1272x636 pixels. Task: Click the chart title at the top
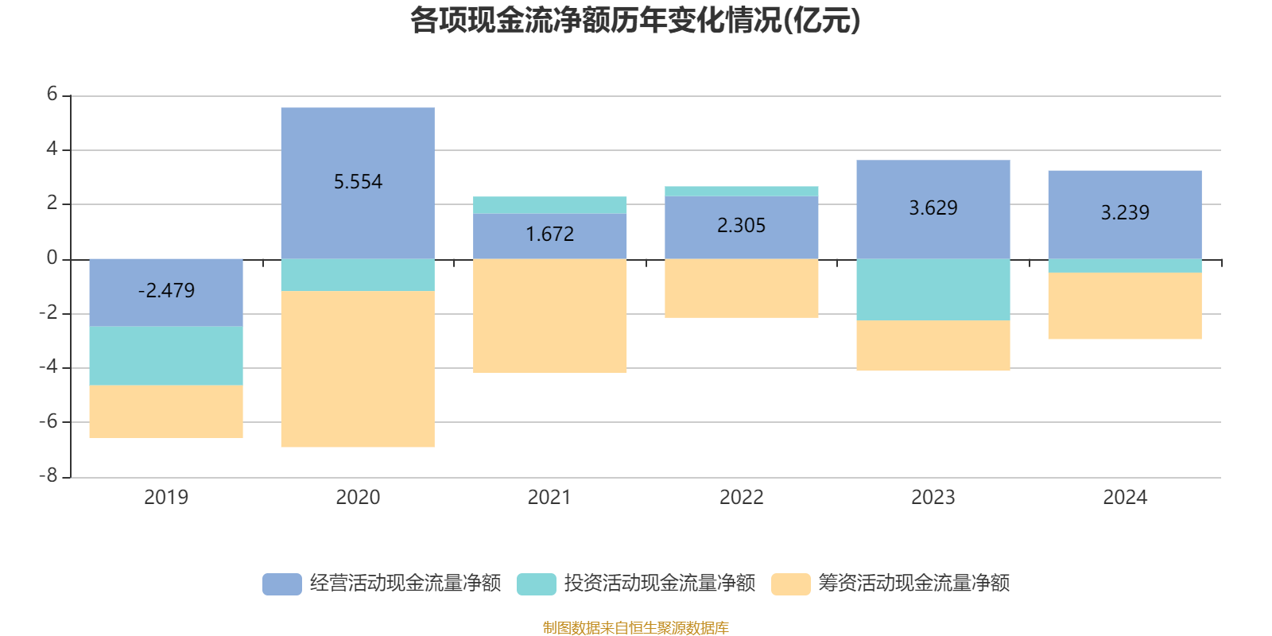pyautogui.click(x=635, y=21)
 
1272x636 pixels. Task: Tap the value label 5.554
pyautogui.click(x=358, y=182)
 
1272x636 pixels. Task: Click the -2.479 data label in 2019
pyautogui.click(x=166, y=291)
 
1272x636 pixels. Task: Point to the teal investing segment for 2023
pyautogui.click(x=933, y=289)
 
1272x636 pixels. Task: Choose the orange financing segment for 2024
pyautogui.click(x=1124, y=306)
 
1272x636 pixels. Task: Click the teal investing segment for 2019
pyautogui.click(x=166, y=355)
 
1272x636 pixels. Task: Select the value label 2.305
pyautogui.click(x=741, y=226)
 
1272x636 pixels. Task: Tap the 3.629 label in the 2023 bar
pyautogui.click(x=933, y=208)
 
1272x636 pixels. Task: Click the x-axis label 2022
pyautogui.click(x=741, y=498)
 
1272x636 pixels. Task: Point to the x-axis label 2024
pyautogui.click(x=1124, y=498)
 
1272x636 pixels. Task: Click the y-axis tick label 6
pyautogui.click(x=52, y=95)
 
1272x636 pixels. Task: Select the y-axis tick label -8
pyautogui.click(x=49, y=476)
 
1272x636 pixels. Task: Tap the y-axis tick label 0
pyautogui.click(x=52, y=258)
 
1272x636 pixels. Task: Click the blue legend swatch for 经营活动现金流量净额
pyautogui.click(x=282, y=584)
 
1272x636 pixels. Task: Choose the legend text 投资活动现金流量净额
pyautogui.click(x=659, y=584)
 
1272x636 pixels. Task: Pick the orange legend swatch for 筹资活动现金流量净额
pyautogui.click(x=791, y=584)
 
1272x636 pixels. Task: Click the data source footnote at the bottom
pyautogui.click(x=635, y=628)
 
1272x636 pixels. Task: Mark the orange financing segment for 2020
pyautogui.click(x=358, y=369)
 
